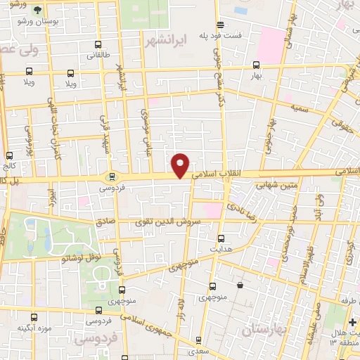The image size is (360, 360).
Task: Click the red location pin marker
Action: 181,165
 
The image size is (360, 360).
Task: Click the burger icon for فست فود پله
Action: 219,23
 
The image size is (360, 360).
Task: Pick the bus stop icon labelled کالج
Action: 10,155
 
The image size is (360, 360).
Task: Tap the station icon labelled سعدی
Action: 199,340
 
